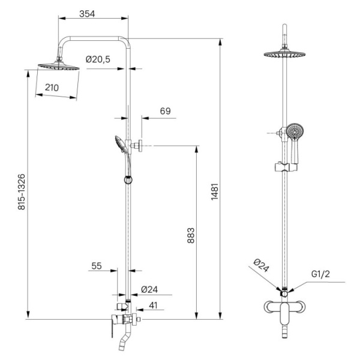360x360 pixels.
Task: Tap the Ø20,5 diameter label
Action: point(97,59)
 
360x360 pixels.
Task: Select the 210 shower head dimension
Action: point(52,88)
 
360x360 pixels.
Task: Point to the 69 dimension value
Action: point(166,111)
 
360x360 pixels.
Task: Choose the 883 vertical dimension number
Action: point(191,237)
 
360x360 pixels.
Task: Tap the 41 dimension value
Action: point(153,305)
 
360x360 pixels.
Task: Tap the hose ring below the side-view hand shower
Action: point(127,178)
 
